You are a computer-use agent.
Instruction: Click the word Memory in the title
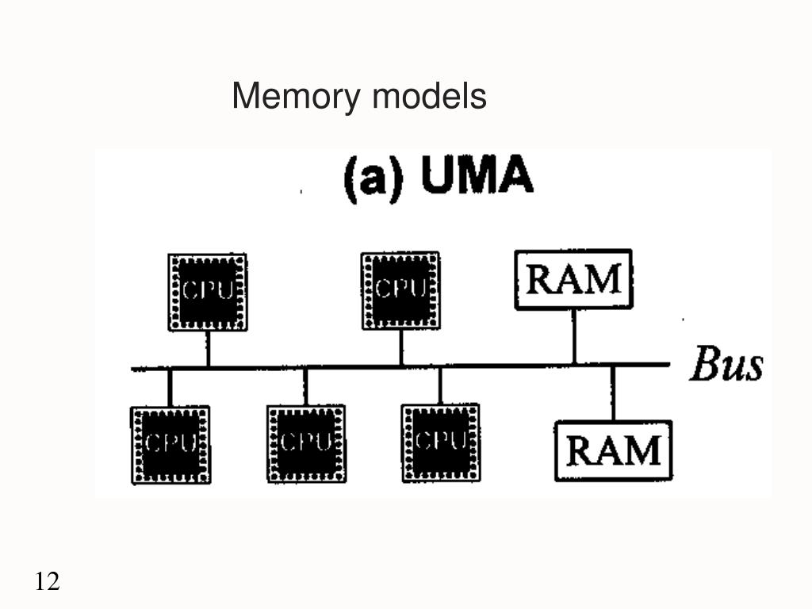(296, 97)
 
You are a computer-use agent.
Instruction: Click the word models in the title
(429, 96)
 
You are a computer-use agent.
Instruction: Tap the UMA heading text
(477, 174)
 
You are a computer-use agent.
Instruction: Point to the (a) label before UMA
(373, 178)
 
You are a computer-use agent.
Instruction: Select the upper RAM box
(573, 280)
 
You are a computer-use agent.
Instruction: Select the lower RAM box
(613, 450)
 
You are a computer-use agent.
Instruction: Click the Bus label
(726, 364)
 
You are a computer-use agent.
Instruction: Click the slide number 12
(47, 581)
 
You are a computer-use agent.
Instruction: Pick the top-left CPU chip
(208, 292)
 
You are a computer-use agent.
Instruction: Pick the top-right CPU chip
(400, 291)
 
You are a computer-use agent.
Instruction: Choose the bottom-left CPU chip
(170, 445)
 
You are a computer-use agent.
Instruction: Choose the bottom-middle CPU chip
(306, 444)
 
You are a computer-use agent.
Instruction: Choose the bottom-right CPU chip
(441, 442)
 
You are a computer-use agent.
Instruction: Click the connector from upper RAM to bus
(574, 336)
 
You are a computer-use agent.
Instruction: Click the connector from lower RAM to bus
(613, 393)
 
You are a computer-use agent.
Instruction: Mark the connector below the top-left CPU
(208, 349)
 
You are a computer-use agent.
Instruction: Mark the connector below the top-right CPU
(400, 347)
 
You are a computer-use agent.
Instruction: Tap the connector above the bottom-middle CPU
(305, 387)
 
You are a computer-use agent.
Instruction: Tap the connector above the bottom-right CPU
(439, 386)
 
